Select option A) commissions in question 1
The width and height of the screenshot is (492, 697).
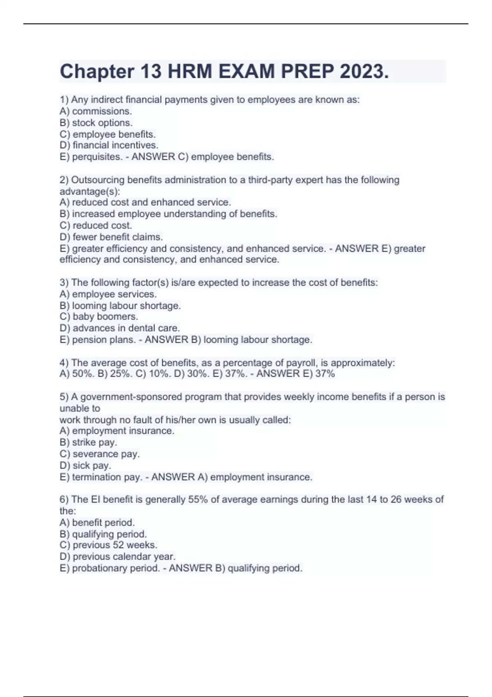pos(96,111)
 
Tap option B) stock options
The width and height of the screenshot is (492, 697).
pos(96,123)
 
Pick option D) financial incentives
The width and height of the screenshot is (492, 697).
pos(109,145)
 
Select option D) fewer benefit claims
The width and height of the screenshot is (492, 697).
pos(111,237)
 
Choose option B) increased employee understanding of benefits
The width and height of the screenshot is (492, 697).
pos(168,214)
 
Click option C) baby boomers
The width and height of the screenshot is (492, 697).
pos(99,317)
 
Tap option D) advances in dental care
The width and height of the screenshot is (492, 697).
pos(120,328)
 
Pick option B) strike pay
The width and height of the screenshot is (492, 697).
pos(88,442)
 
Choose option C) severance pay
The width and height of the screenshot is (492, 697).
pos(100,454)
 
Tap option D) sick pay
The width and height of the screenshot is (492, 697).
pos(85,465)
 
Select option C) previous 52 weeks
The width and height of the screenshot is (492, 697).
pos(108,545)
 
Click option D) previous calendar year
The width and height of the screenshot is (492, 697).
pos(117,556)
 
